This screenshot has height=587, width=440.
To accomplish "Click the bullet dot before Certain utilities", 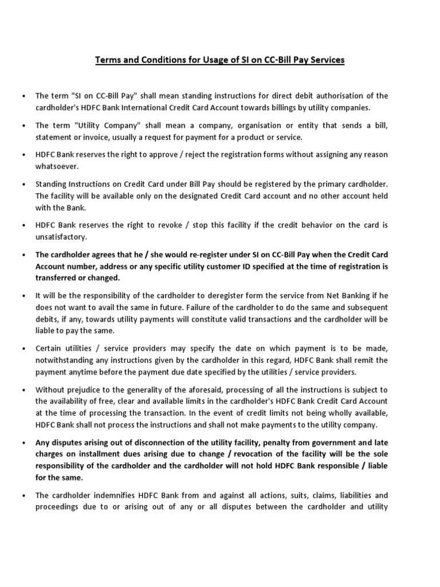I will click(x=23, y=349).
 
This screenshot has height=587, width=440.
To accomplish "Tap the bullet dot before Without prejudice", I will click(x=23, y=390).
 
